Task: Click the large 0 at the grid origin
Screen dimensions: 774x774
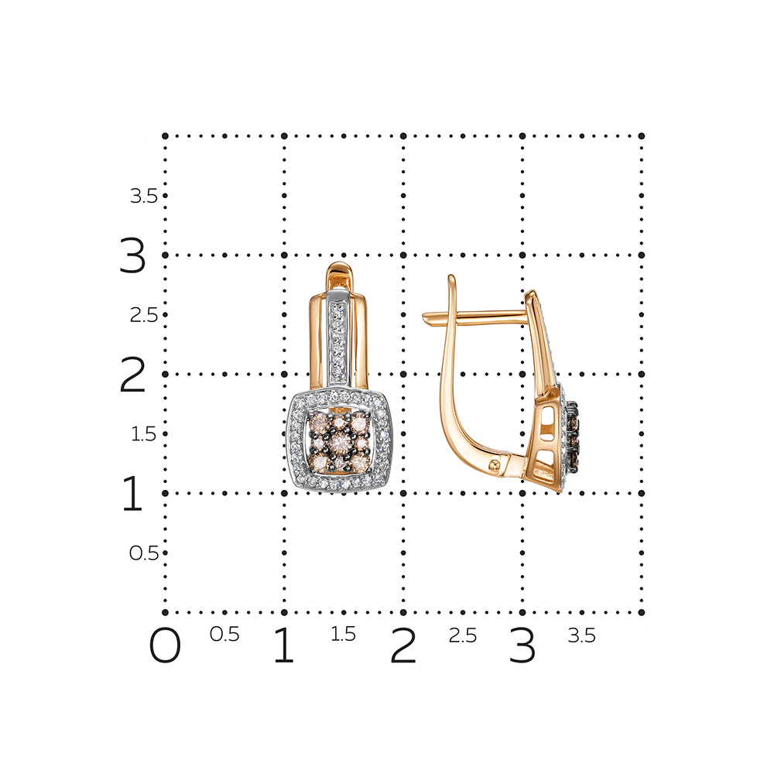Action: pyautogui.click(x=165, y=645)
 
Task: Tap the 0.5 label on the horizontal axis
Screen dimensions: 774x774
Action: pyautogui.click(x=224, y=635)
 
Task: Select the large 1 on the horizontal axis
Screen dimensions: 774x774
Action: pyautogui.click(x=284, y=645)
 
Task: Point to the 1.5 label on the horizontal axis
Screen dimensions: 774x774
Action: pyautogui.click(x=343, y=635)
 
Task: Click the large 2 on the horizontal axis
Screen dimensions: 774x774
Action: pyautogui.click(x=403, y=645)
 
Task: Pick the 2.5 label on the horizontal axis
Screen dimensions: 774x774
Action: pyautogui.click(x=463, y=635)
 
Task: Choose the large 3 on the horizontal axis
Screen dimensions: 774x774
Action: pyautogui.click(x=522, y=645)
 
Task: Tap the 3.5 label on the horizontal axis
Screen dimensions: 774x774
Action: pyautogui.click(x=582, y=635)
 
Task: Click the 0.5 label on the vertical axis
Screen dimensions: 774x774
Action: pyautogui.click(x=144, y=553)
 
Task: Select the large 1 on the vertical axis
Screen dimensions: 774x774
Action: pyautogui.click(x=132, y=492)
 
